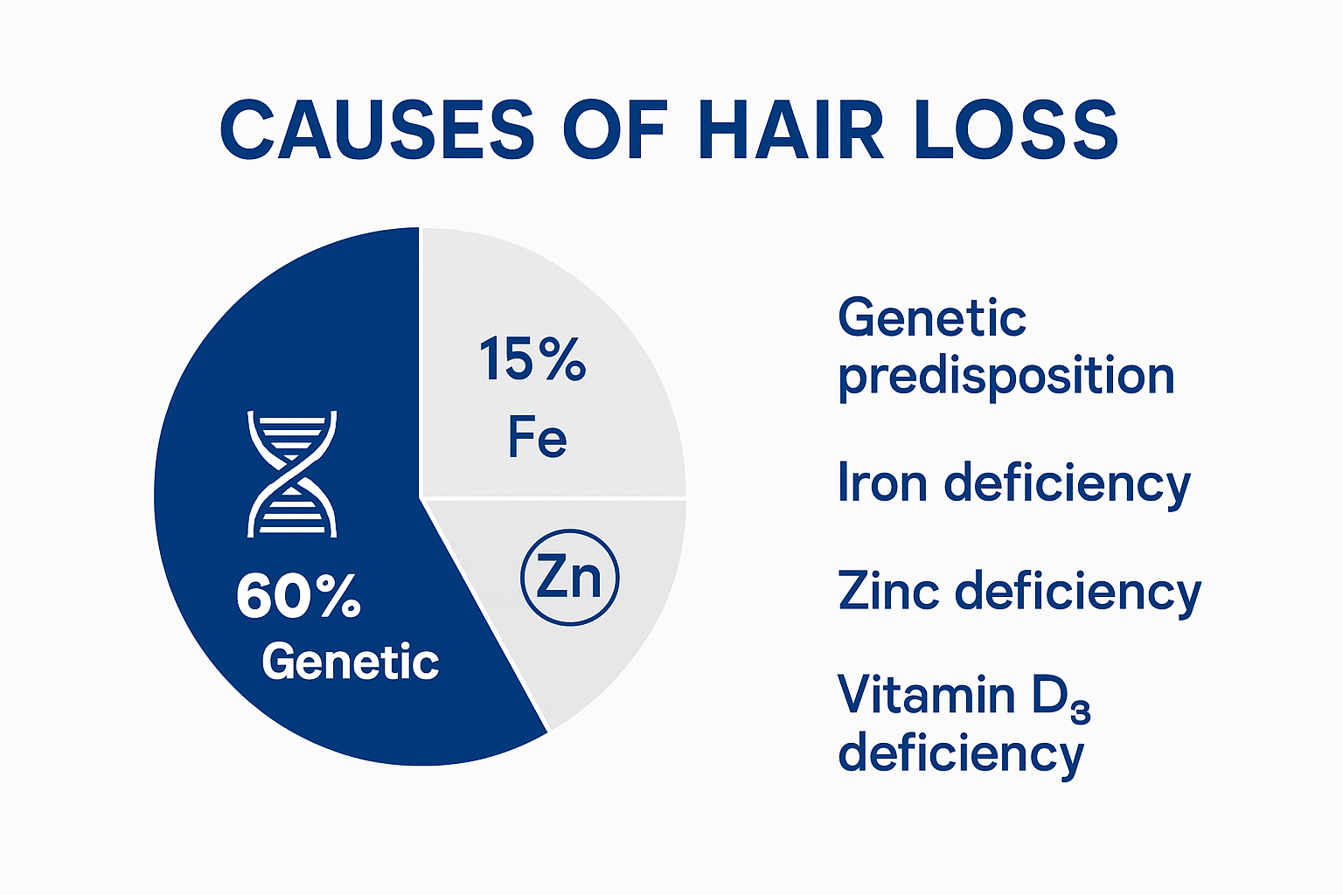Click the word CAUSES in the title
click(377, 129)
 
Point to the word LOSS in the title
click(1016, 129)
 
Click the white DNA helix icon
click(292, 473)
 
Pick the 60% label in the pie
click(298, 597)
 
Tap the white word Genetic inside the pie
click(350, 662)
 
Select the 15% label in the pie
click(532, 359)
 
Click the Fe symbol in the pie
click(537, 437)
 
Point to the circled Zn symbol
click(569, 578)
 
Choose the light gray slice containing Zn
click(612, 647)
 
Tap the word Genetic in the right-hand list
click(932, 317)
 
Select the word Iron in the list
click(882, 482)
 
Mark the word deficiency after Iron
click(1068, 484)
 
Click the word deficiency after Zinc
click(1078, 593)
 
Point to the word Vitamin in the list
click(927, 696)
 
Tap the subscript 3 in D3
click(1081, 713)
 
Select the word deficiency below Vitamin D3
click(960, 754)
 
